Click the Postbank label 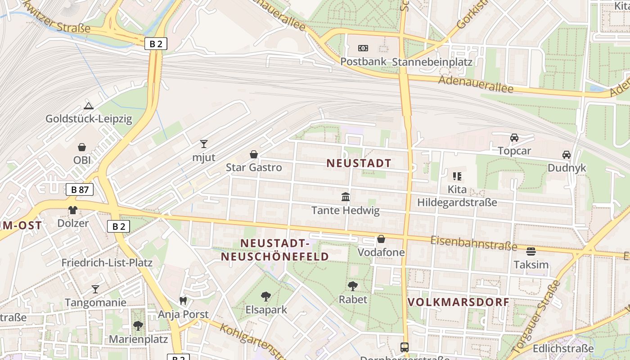tap(364, 61)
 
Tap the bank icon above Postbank tap(363, 48)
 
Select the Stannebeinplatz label tap(432, 62)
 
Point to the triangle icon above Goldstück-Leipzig tap(89, 106)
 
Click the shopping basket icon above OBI tap(82, 147)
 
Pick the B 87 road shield tap(80, 189)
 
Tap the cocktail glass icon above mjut tap(204, 144)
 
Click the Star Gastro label tap(254, 168)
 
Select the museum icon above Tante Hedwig tap(346, 197)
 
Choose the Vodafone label tap(381, 252)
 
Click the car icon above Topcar tap(514, 138)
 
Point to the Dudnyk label tap(567, 168)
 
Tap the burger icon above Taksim tap(531, 251)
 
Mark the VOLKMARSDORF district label tap(458, 302)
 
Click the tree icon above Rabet tap(353, 286)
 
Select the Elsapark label tap(266, 310)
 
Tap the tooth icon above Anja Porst tap(183, 301)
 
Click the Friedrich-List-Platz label tap(107, 263)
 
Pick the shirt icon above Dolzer tap(73, 210)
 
